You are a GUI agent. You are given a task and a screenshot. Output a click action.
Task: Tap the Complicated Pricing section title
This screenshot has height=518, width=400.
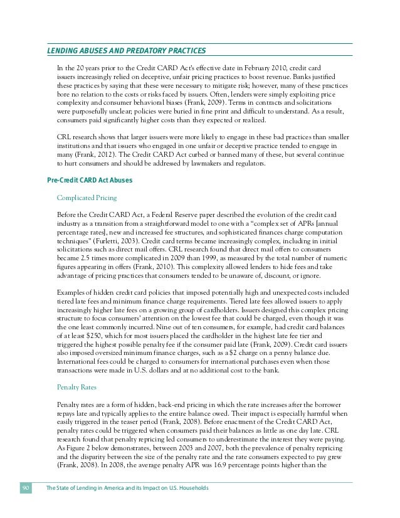82,198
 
